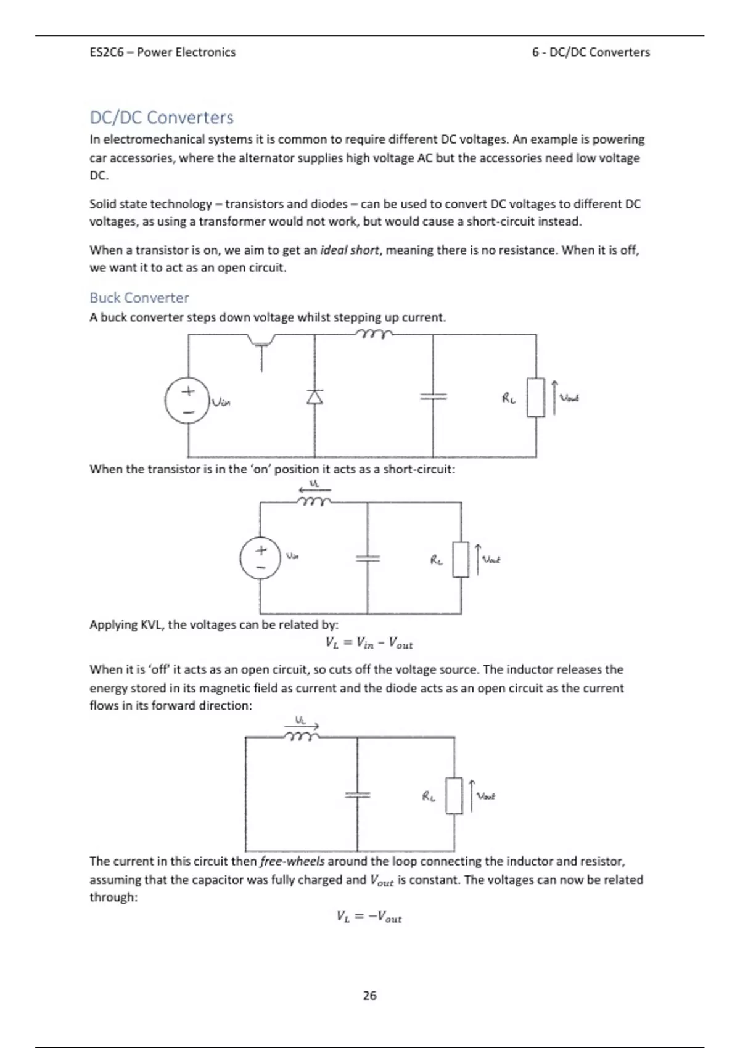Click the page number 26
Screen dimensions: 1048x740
tap(369, 995)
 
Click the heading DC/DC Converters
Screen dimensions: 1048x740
tap(162, 117)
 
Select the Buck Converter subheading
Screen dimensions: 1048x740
tap(139, 298)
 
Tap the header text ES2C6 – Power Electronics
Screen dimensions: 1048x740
tap(162, 52)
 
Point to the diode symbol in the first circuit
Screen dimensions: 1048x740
tap(314, 397)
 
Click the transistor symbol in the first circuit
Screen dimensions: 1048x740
tap(261, 345)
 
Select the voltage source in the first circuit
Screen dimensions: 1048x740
tap(187, 400)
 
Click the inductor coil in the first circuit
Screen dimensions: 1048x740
tap(373, 334)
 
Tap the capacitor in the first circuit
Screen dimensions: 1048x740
tap(433, 397)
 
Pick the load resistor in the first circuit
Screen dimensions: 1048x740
tap(536, 398)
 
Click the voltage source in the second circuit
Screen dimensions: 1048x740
tap(260, 558)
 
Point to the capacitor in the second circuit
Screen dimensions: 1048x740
tap(368, 558)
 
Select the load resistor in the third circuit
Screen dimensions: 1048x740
tap(454, 796)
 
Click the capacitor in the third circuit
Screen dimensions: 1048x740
tap(357, 795)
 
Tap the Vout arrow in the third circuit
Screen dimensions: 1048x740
tap(472, 796)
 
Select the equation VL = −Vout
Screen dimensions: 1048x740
tap(369, 917)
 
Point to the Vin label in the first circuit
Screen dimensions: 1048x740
tap(221, 403)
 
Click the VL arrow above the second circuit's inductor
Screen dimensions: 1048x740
tap(314, 489)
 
